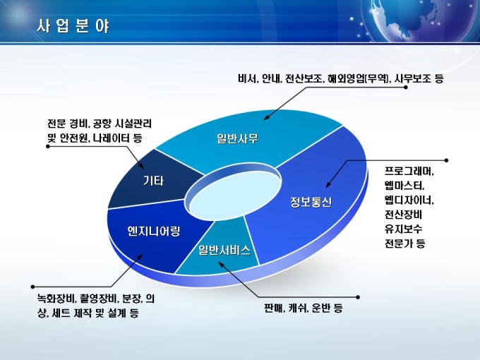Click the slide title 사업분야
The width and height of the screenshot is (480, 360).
[73, 25]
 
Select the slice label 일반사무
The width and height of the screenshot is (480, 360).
[238, 138]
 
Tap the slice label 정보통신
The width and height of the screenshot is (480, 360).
[311, 202]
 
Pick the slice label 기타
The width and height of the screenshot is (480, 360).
[154, 181]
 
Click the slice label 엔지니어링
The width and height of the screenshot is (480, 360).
[154, 231]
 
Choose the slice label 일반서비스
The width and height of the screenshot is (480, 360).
[224, 250]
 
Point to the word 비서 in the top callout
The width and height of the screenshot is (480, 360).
[248, 78]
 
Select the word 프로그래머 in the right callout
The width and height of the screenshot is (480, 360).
[408, 171]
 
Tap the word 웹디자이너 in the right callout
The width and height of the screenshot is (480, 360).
[408, 200]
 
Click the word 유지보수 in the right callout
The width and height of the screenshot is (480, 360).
[404, 229]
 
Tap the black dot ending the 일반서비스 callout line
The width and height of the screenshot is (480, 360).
[358, 297]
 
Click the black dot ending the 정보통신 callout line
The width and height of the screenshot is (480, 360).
[446, 160]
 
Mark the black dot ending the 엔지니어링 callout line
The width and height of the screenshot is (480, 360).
[32, 287]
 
